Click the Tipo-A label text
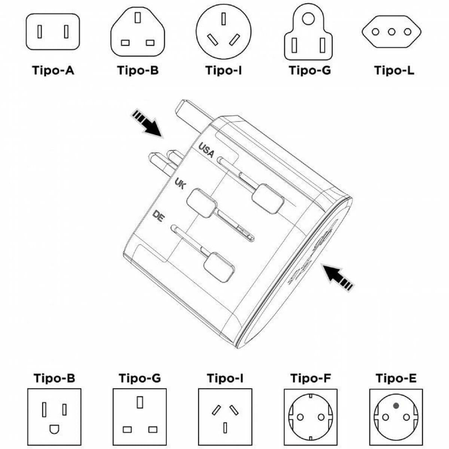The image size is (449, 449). [53, 70]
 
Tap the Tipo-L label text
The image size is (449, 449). [394, 70]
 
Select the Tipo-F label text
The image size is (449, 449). [310, 378]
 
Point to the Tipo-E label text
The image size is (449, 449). [396, 378]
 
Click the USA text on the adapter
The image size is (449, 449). [206, 150]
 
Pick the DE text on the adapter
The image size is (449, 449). [158, 216]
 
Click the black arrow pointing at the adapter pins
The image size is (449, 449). [147, 124]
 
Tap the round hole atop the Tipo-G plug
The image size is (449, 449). [308, 18]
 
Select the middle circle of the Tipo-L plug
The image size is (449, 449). [391, 32]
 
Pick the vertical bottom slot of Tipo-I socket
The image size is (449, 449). [225, 427]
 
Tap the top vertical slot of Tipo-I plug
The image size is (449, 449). [224, 19]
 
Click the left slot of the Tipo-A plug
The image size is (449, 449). [40, 31]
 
